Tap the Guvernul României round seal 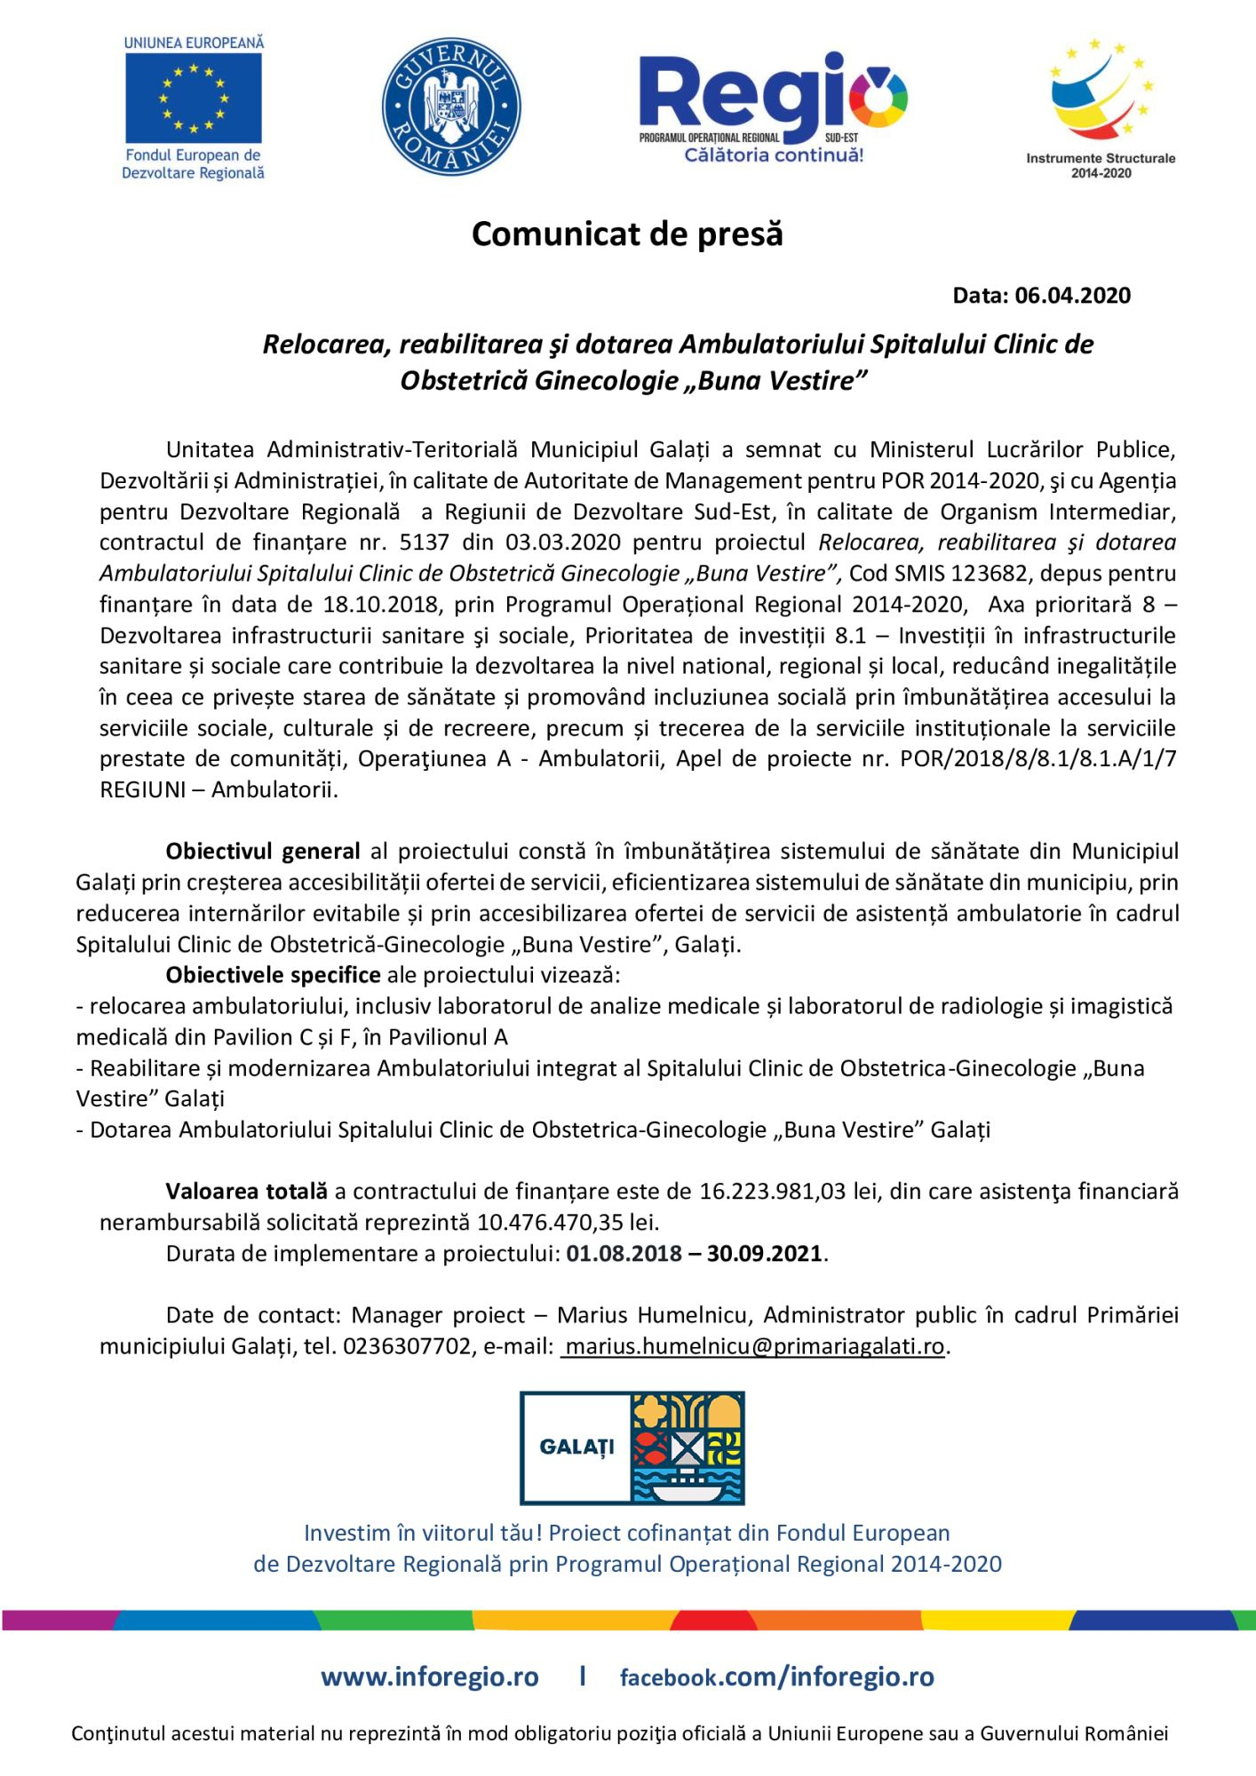tap(451, 107)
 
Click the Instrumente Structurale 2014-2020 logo tap(1101, 107)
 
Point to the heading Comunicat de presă tap(627, 234)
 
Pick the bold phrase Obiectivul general tap(263, 852)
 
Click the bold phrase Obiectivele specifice tap(274, 975)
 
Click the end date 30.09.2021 tap(765, 1254)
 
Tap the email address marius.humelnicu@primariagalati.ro tap(754, 1346)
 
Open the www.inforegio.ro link tap(430, 1677)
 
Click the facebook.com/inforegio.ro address tap(776, 1677)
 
